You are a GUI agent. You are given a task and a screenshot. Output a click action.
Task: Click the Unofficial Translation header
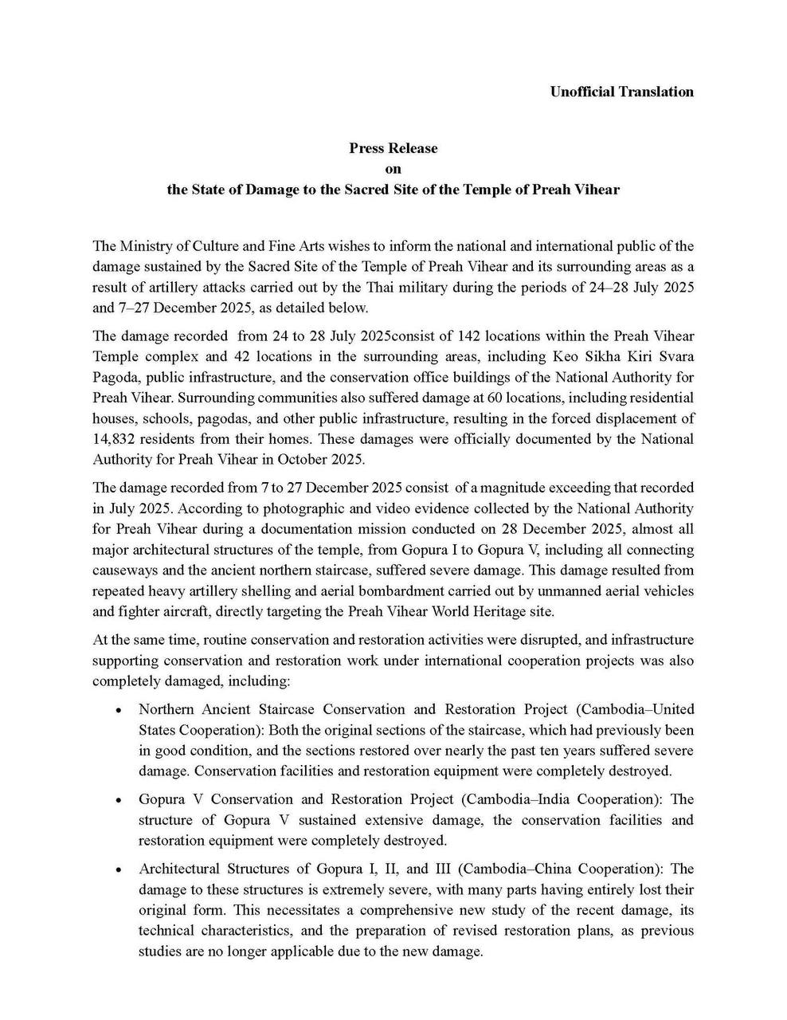tap(621, 92)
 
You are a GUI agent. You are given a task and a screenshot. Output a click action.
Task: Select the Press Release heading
tap(393, 148)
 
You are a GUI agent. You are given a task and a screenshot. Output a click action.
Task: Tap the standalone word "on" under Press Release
tap(393, 169)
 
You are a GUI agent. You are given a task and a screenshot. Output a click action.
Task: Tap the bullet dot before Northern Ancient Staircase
tap(118, 709)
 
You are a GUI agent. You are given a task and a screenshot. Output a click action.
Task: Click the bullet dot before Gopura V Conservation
tap(118, 799)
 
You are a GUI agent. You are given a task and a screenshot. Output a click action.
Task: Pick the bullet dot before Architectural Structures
tap(118, 869)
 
